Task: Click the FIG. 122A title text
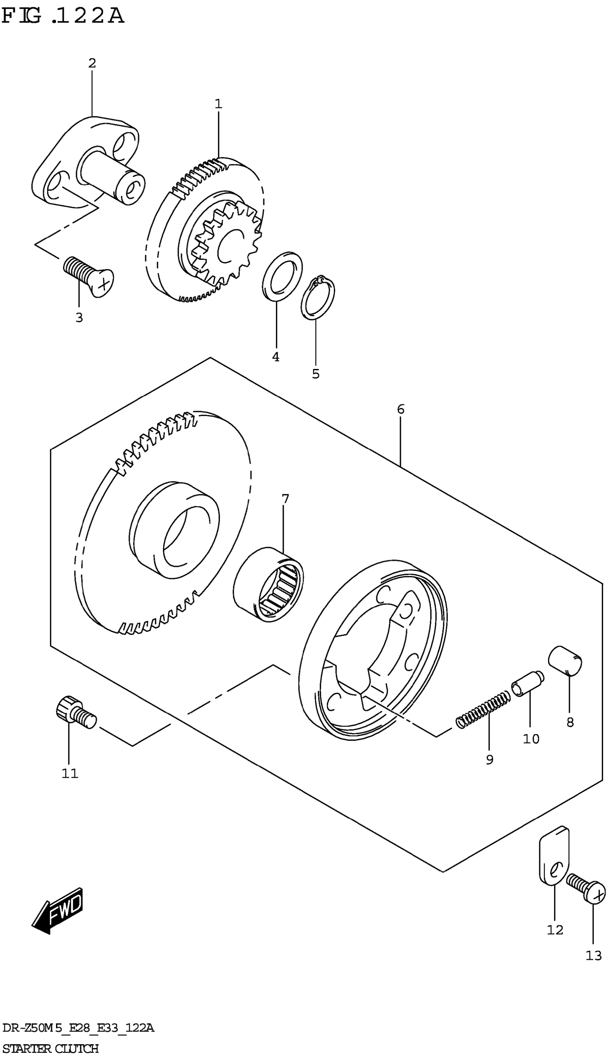click(62, 17)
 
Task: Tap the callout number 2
click(92, 63)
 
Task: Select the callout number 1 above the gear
click(219, 104)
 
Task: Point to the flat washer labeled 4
click(283, 275)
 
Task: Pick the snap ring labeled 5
click(318, 298)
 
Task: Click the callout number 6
click(400, 410)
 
